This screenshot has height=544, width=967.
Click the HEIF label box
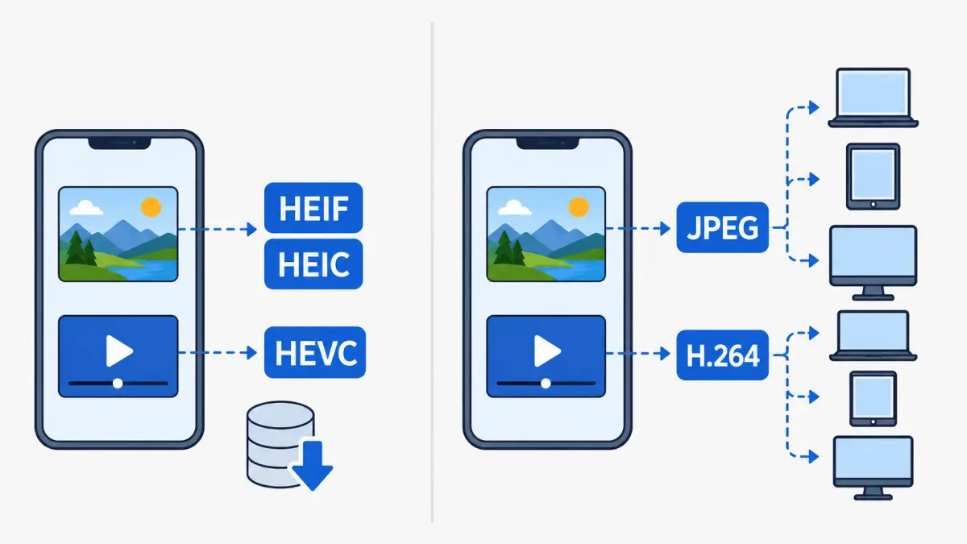[x=313, y=208]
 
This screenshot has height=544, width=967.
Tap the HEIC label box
[x=313, y=264]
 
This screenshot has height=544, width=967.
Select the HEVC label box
[x=315, y=352]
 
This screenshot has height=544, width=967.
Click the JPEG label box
[x=723, y=227]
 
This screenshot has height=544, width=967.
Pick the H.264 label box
[x=723, y=355]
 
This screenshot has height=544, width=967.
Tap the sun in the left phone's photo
[x=151, y=207]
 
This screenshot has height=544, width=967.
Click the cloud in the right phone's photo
[x=515, y=208]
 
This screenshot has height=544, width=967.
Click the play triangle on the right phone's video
[x=547, y=351]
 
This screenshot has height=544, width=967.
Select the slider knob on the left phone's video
[x=118, y=384]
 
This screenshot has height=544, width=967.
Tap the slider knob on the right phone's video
[x=546, y=384]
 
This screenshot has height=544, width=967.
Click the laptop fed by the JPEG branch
[x=873, y=98]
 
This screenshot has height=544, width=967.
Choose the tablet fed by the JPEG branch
[x=873, y=176]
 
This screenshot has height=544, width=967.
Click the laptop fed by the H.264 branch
[x=873, y=335]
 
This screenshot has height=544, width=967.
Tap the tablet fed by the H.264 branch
[x=873, y=399]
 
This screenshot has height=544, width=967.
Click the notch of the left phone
[x=119, y=143]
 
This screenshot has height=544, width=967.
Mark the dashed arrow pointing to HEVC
[x=218, y=353]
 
